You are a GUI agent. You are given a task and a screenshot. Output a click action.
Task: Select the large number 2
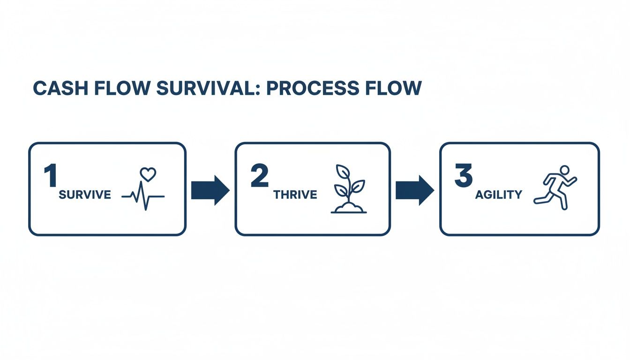click(x=259, y=176)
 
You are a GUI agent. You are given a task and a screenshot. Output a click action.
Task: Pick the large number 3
click(x=464, y=176)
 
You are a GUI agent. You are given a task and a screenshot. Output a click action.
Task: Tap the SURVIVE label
click(x=85, y=195)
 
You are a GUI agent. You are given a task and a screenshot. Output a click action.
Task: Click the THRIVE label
click(x=295, y=195)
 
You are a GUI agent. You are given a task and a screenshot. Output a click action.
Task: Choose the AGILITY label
click(x=498, y=195)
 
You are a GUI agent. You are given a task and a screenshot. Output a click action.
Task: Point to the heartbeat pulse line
click(x=143, y=196)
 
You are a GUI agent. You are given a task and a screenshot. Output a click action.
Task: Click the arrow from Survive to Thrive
click(x=210, y=190)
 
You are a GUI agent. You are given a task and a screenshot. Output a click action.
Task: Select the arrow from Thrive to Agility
click(x=415, y=190)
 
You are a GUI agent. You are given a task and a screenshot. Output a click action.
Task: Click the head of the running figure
click(x=565, y=170)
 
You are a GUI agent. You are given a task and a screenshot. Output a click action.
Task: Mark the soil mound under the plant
click(x=349, y=207)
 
